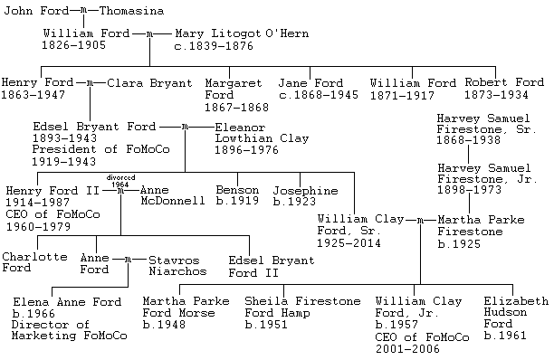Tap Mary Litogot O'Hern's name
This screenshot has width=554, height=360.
pyautogui.click(x=229, y=33)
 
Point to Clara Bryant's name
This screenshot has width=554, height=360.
pyautogui.click(x=149, y=83)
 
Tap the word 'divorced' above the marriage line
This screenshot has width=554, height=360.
pyautogui.click(x=120, y=178)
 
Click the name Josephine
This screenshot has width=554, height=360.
pyautogui.click(x=305, y=190)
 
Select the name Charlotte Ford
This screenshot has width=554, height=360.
pyautogui.click(x=33, y=262)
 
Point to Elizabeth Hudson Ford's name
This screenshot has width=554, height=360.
pyautogui.click(x=516, y=313)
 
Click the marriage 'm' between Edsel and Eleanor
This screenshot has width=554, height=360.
pyautogui.click(x=186, y=127)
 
